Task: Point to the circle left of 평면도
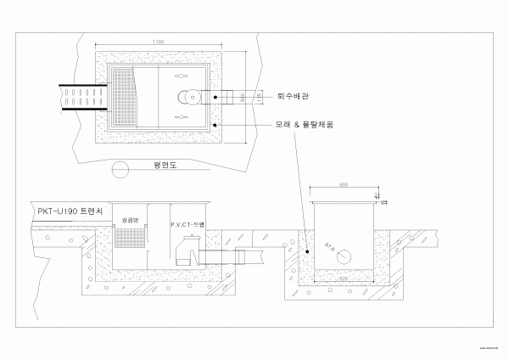pyautogui.click(x=122, y=166)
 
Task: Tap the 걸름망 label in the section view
pyautogui.click(x=131, y=219)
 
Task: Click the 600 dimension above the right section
pyautogui.click(x=343, y=185)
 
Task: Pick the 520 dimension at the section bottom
pyautogui.click(x=343, y=278)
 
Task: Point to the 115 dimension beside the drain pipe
pyautogui.click(x=257, y=99)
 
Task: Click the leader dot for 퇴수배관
pyautogui.click(x=216, y=98)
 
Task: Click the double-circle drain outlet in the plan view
pyautogui.click(x=182, y=97)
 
